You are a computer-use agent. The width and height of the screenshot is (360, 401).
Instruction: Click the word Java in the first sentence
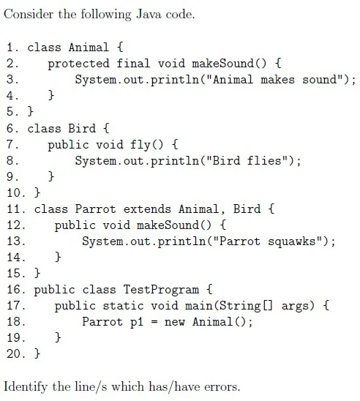click(x=149, y=14)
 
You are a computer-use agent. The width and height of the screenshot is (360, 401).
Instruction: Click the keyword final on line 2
click(x=133, y=63)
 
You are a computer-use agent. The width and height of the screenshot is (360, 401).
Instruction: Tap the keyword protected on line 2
click(x=78, y=64)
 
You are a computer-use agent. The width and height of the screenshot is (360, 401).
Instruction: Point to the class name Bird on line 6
click(x=82, y=128)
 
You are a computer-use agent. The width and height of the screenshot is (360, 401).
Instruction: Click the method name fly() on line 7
click(x=146, y=145)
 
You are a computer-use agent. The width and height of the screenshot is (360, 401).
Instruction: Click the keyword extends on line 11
click(x=147, y=209)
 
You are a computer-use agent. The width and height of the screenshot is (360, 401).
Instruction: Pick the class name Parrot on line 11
click(x=95, y=209)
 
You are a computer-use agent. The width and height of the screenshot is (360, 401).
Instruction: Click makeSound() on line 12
click(x=174, y=225)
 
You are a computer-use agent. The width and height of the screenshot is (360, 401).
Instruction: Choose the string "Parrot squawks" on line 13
click(x=268, y=241)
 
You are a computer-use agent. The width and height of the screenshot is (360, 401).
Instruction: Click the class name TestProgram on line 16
click(x=161, y=290)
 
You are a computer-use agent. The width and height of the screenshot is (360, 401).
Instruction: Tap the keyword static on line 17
click(x=123, y=306)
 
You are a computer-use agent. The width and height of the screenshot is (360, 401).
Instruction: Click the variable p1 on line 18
click(x=137, y=322)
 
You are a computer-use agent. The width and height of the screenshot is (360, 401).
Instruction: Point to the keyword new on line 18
click(x=174, y=322)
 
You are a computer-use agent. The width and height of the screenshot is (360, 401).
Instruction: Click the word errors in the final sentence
click(x=222, y=386)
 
